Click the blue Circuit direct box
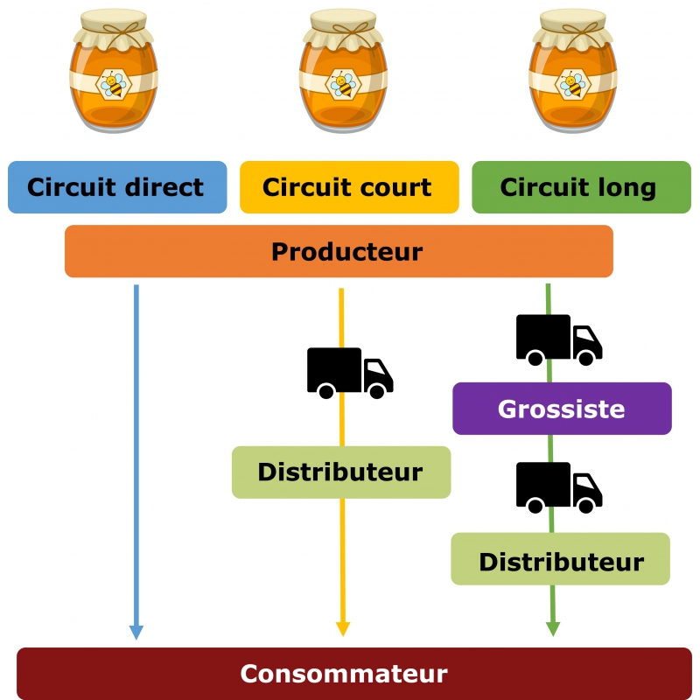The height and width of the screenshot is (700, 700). [117, 187]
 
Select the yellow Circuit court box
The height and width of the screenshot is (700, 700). [348, 187]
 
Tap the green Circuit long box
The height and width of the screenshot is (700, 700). [581, 187]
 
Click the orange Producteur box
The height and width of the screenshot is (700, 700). [339, 252]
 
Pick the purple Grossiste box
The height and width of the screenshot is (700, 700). [562, 409]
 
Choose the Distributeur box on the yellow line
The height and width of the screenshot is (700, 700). [340, 472]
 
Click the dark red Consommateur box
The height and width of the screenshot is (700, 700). [353, 674]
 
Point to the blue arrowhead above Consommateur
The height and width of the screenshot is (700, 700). [136, 632]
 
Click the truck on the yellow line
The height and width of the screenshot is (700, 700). [349, 373]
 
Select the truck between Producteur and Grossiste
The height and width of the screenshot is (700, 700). [558, 339]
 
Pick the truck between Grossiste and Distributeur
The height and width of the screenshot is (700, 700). [558, 487]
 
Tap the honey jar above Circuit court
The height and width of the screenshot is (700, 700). [344, 74]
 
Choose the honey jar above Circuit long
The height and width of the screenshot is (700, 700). [573, 74]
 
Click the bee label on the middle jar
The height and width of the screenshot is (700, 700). [344, 84]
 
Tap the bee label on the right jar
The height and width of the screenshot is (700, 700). [573, 84]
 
